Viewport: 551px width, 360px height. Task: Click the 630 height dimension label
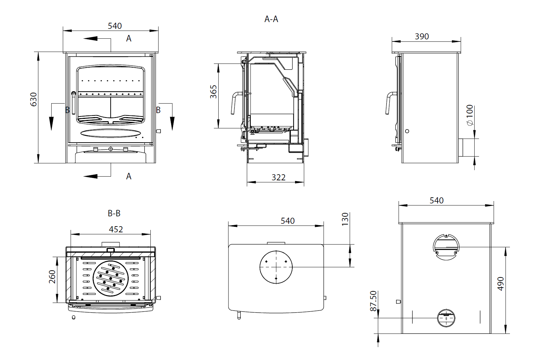pyautogui.click(x=33, y=99)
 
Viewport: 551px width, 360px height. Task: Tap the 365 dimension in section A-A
pyautogui.click(x=213, y=92)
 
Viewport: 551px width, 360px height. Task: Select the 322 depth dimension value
pyautogui.click(x=278, y=177)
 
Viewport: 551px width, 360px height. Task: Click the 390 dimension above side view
pyautogui.click(x=422, y=36)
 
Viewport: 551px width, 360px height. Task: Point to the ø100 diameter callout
pyautogui.click(x=470, y=115)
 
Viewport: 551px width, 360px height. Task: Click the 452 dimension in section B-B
pyautogui.click(x=116, y=229)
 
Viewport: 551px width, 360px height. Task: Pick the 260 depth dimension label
pyautogui.click(x=52, y=277)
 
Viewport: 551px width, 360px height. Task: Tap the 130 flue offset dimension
pyautogui.click(x=345, y=219)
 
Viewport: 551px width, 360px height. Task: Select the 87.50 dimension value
pyautogui.click(x=373, y=301)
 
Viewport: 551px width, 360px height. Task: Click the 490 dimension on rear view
pyautogui.click(x=500, y=284)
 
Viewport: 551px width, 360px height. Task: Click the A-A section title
pyautogui.click(x=271, y=19)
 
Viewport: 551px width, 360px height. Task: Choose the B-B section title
pyautogui.click(x=114, y=213)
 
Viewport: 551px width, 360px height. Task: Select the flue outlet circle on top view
pyautogui.click(x=276, y=267)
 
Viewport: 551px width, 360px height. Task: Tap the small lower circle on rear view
pyautogui.click(x=446, y=318)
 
